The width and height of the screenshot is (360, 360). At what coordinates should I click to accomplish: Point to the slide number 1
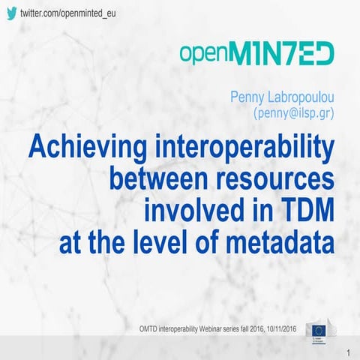pyautogui.click(x=349, y=352)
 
